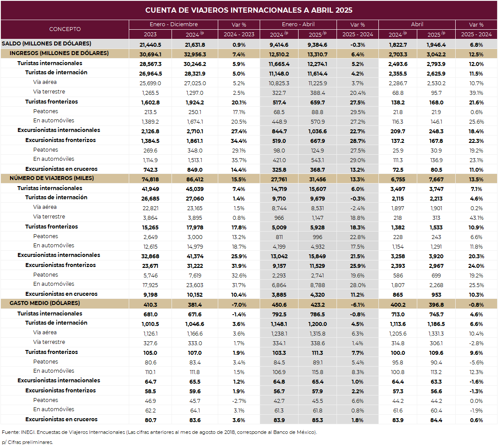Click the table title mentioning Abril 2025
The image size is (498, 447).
249,10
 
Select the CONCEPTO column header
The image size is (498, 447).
65,29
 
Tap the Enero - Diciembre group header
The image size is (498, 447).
173,24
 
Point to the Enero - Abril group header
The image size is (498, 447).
298,24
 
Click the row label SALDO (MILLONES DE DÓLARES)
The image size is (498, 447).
46,44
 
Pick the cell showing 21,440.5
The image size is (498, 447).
150,45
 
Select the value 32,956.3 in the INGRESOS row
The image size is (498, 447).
195,54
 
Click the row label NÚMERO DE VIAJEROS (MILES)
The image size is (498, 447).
52,178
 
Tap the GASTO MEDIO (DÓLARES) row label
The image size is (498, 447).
45,303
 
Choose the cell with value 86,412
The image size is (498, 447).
195,179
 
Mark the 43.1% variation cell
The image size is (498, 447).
476,218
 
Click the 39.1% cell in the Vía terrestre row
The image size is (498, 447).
476,93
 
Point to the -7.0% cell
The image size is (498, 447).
239,305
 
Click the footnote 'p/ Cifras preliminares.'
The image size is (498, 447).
27,442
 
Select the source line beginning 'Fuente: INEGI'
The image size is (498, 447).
159,433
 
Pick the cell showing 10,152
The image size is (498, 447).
195,295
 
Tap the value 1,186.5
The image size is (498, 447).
436,324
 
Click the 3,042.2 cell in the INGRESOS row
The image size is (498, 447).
436,54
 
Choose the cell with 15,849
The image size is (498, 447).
317,256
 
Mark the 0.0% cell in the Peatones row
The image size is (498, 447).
476,401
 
